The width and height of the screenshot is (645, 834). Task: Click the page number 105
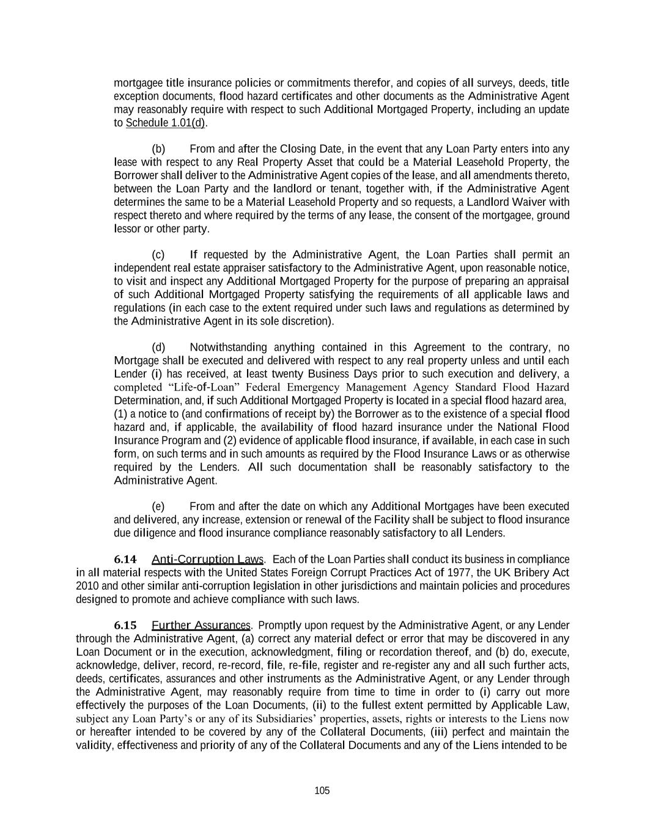coord(322,791)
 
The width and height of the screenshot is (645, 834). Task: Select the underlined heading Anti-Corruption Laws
coord(207,560)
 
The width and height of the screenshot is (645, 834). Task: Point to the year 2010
coord(87,586)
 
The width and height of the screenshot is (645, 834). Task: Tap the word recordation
coord(394,652)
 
